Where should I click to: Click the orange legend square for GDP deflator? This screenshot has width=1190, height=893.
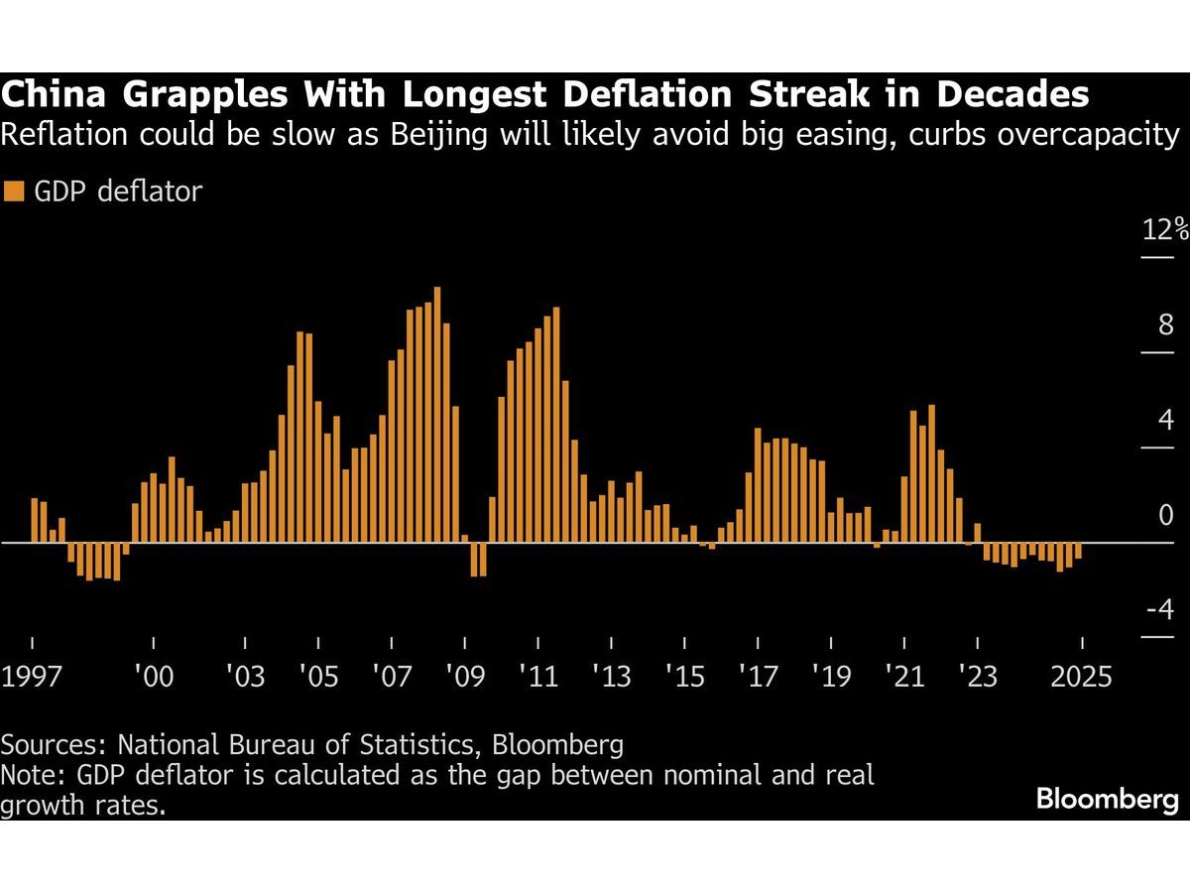coord(15,191)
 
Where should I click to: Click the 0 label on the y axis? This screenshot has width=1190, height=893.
coord(1165,515)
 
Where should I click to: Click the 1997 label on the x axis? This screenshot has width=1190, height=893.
coord(33,677)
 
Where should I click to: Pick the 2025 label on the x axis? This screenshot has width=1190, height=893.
coord(1082,677)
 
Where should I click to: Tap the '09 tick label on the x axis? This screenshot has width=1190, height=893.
coord(464,677)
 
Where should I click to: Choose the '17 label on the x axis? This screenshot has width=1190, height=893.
coord(758,677)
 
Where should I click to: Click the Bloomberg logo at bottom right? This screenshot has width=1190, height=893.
coord(1107,800)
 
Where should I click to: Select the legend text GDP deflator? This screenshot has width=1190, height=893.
coord(118,191)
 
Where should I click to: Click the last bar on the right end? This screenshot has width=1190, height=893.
coord(1078,552)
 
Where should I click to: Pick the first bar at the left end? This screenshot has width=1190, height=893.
coord(34,520)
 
